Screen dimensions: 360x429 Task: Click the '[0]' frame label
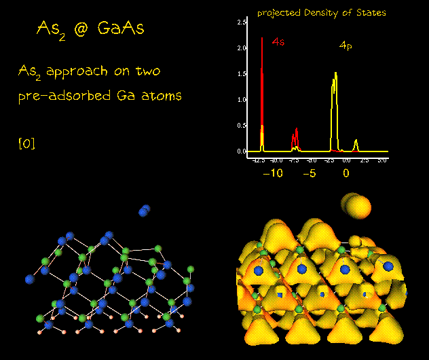tap(26, 143)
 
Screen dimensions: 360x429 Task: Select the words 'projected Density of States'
tap(321, 12)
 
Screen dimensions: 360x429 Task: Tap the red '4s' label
tap(278, 42)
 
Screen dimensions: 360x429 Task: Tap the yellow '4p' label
tap(346, 46)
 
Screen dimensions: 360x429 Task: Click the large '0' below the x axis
tap(346, 173)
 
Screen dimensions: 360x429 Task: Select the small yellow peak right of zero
tap(356, 142)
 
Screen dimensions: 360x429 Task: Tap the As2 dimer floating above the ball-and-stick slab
tap(144, 211)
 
